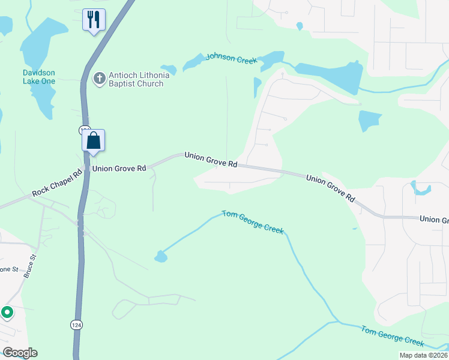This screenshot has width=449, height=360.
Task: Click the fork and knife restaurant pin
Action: click(93, 20)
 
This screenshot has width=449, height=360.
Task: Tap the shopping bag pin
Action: click(93, 141)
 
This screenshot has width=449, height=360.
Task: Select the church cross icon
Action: click(99, 77)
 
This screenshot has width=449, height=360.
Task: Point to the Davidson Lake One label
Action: click(39, 77)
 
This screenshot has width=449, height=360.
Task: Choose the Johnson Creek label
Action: click(231, 59)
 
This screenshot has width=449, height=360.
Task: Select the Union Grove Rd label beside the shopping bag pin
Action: click(118, 169)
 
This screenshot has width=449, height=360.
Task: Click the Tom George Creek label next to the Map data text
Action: click(393, 335)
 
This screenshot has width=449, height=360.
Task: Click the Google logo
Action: click(20, 353)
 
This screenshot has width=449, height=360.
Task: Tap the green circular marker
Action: click(7, 312)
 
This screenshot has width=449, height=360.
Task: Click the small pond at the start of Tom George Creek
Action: click(160, 257)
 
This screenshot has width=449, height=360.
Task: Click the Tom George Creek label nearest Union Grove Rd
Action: click(253, 221)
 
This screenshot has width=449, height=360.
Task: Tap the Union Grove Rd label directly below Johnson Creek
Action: click(211, 159)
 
